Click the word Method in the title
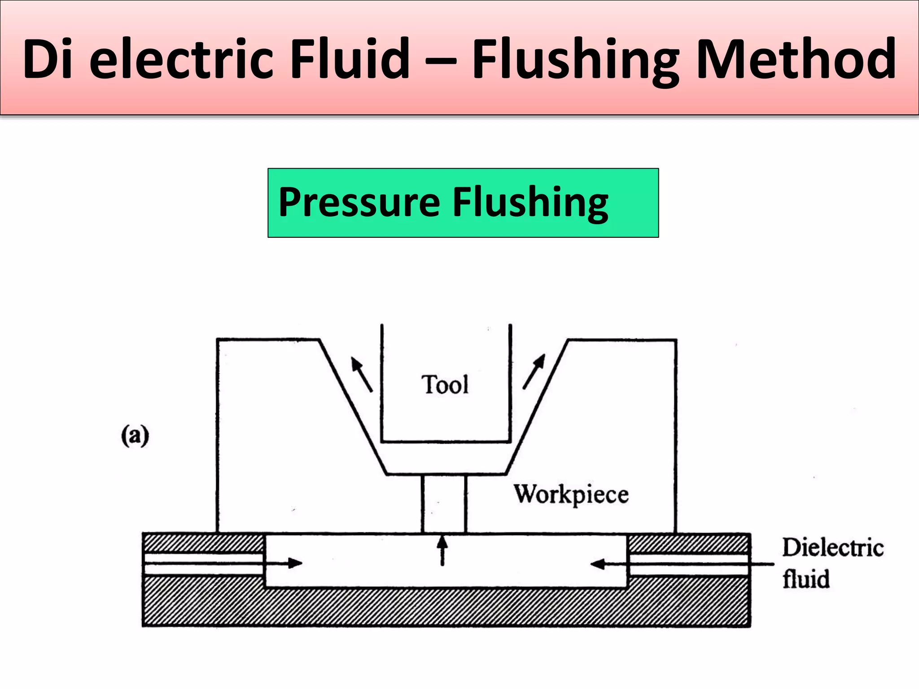[796, 59]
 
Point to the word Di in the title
[48, 59]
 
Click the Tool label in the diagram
[445, 385]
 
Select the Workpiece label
[571, 495]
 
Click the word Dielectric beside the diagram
[833, 548]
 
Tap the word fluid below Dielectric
[806, 579]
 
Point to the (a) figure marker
[135, 436]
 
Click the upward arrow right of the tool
[534, 371]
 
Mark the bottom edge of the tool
[446, 442]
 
